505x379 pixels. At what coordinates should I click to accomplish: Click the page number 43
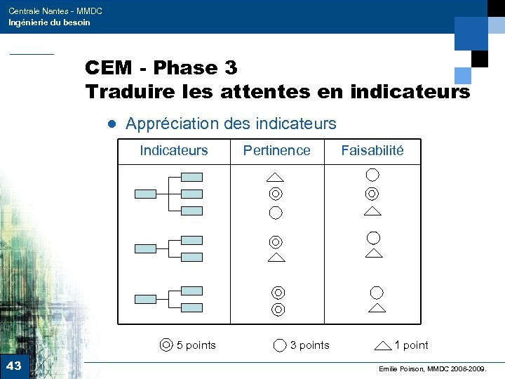pyautogui.click(x=13, y=366)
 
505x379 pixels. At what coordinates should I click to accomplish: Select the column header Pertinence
pyautogui.click(x=276, y=150)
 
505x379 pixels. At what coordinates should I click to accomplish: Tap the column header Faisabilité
pyautogui.click(x=372, y=150)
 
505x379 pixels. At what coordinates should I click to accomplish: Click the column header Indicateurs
pyautogui.click(x=174, y=150)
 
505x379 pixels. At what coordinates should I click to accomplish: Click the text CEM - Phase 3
pyautogui.click(x=161, y=68)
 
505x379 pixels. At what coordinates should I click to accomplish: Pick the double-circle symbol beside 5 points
pyautogui.click(x=166, y=345)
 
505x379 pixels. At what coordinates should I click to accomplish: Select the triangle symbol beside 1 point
pyautogui.click(x=383, y=345)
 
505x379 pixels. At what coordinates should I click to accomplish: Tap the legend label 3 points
pyautogui.click(x=309, y=345)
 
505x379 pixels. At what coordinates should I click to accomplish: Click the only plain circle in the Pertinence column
pyautogui.click(x=276, y=212)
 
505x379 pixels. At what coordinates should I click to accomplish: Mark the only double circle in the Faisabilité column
pyautogui.click(x=372, y=194)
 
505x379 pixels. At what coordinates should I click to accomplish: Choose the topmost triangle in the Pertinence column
pyautogui.click(x=276, y=176)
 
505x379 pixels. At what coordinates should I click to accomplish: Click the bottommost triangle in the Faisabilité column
pyautogui.click(x=377, y=307)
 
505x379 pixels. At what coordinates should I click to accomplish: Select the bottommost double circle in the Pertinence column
pyautogui.click(x=278, y=309)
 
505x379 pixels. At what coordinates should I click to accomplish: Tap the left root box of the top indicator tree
pyautogui.click(x=145, y=194)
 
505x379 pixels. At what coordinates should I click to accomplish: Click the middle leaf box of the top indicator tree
pyautogui.click(x=191, y=194)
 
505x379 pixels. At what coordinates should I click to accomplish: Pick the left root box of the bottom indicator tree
pyautogui.click(x=145, y=299)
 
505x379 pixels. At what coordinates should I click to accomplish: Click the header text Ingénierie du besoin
pyautogui.click(x=49, y=22)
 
